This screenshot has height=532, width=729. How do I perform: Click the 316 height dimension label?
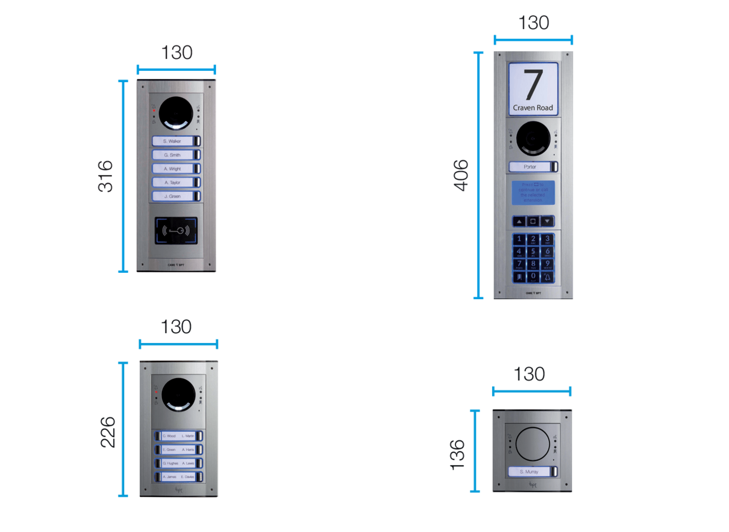[x=106, y=176]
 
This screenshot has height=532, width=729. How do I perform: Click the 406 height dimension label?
[x=461, y=175]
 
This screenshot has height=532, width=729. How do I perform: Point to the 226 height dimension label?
[x=108, y=432]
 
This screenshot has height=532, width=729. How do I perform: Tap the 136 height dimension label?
[x=458, y=455]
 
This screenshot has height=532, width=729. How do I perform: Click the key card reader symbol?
[x=176, y=231]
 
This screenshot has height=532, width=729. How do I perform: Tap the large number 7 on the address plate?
[x=533, y=85]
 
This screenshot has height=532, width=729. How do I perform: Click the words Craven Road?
[x=533, y=108]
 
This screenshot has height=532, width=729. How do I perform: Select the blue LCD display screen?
[x=533, y=192]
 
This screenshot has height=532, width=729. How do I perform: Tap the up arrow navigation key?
[x=519, y=221]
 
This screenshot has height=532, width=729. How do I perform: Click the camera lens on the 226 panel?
[x=178, y=394]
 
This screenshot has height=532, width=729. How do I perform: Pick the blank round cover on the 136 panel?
[x=532, y=444]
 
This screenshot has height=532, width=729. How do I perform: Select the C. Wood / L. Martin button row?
[x=179, y=436]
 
